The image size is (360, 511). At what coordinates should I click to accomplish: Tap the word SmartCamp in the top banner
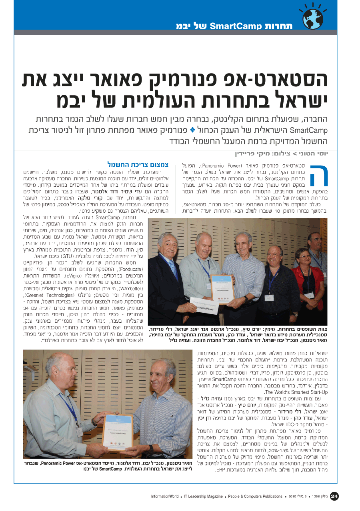(236, 27)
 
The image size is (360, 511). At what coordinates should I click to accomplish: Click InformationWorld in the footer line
(165, 497)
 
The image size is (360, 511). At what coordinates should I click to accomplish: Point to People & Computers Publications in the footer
(255, 497)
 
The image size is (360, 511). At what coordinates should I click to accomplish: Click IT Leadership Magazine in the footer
(203, 497)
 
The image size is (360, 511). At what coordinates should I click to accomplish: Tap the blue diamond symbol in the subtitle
(192, 130)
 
